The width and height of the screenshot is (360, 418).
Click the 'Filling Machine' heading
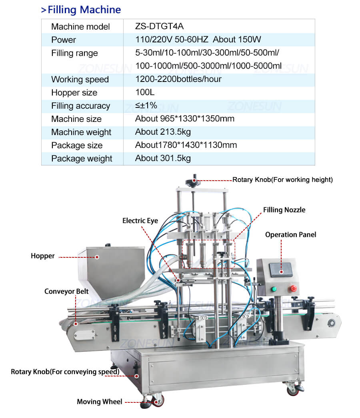tap(84, 10)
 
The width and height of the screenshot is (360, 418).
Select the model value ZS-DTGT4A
tap(159, 26)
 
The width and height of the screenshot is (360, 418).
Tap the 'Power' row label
tap(64, 40)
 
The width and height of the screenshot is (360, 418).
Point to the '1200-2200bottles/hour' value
tap(178, 79)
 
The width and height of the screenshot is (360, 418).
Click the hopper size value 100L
tap(145, 92)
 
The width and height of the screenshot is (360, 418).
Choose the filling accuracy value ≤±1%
tap(146, 105)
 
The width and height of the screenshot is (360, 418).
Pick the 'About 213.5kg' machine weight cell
tap(163, 132)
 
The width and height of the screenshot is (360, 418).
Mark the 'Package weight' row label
tap(82, 158)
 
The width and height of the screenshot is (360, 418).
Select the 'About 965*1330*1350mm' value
tap(185, 119)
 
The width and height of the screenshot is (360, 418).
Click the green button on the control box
tap(274, 289)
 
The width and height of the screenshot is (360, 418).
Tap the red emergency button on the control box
tap(293, 288)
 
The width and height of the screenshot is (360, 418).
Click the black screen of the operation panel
tap(281, 270)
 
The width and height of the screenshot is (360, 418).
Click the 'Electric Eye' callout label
tap(140, 221)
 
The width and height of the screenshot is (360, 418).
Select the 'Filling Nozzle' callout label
tap(284, 210)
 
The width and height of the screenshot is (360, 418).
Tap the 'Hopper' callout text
tap(43, 256)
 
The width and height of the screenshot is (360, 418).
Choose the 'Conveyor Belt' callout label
tap(66, 291)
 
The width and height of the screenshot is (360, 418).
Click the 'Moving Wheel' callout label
tap(100, 402)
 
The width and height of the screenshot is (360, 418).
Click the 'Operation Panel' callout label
tap(291, 235)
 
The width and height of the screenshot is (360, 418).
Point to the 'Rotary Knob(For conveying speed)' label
tap(65, 372)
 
